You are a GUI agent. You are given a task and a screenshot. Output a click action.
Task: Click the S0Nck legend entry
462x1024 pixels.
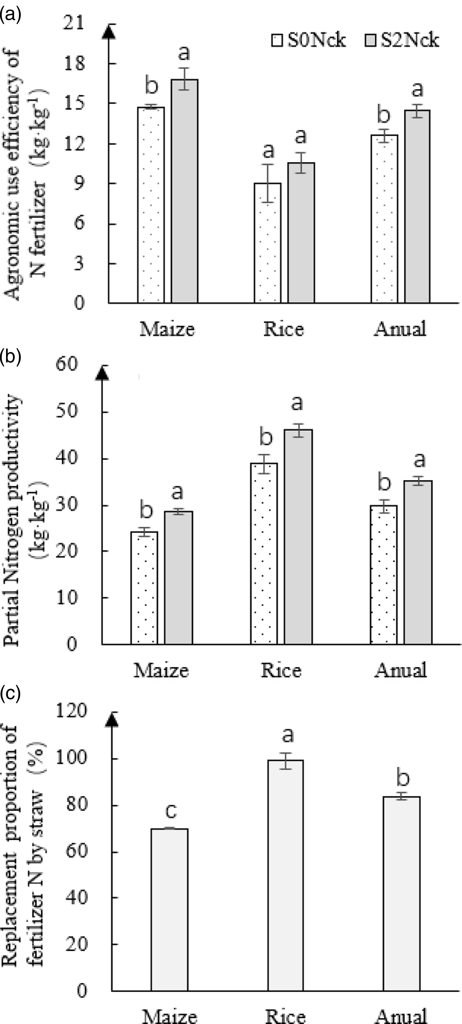point(309,40)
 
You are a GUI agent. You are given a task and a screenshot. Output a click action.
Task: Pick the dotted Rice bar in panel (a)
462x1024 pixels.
point(268,243)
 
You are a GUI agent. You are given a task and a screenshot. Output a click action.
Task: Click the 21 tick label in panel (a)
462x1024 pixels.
point(75,24)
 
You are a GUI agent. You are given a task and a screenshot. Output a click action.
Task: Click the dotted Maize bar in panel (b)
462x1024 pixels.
point(144,588)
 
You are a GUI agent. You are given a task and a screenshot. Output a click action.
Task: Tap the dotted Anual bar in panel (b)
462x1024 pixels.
point(384,574)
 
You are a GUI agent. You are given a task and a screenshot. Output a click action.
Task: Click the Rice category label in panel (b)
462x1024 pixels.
point(281,670)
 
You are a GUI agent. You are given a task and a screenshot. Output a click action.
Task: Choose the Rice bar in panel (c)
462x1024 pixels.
point(286,875)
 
